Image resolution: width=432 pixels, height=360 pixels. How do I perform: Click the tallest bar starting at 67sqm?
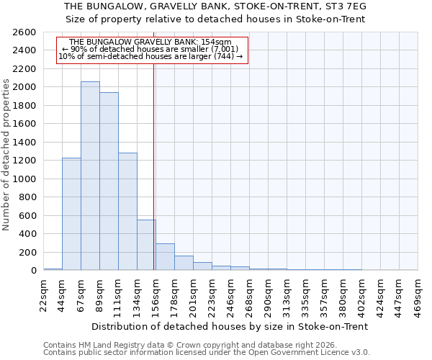pos(90,176)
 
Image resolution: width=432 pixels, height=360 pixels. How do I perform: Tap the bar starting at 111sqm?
pos(127,212)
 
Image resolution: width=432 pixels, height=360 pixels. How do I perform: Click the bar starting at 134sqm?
pos(146,245)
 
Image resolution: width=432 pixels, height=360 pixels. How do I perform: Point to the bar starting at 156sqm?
pos(165,257)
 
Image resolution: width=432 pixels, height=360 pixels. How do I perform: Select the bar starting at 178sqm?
pos(184,263)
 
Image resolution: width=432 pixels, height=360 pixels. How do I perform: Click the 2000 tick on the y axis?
pos(24,87)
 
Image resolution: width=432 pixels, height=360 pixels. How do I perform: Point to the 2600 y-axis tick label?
pos(24,32)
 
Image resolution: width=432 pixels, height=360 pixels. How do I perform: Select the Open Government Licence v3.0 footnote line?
pos(207,353)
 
